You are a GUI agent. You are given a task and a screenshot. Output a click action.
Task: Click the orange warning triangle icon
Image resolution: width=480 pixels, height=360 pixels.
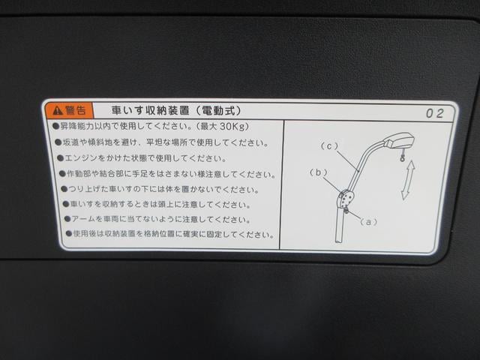pos(58,110)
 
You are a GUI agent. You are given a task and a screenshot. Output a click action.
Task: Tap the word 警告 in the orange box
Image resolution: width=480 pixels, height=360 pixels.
pos(75,110)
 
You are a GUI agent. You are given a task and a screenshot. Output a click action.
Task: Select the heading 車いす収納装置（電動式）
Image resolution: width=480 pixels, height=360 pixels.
pos(176,110)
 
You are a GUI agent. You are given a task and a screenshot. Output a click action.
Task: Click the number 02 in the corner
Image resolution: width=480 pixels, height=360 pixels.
pos(435,113)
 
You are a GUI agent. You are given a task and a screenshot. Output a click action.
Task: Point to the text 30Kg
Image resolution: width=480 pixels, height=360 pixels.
pos(235,127)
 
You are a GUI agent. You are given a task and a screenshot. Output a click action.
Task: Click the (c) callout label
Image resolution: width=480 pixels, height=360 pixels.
pos(329,146)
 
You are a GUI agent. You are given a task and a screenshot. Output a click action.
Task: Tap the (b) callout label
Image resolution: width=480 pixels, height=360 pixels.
pos(318,172)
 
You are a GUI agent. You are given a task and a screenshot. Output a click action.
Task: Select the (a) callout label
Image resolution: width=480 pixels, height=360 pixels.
pos(368,221)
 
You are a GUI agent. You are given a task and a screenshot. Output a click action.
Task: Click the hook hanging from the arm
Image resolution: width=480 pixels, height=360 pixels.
pos(402,157)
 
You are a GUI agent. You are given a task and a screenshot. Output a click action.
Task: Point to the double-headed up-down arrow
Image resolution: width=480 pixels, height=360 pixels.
pos(408,180)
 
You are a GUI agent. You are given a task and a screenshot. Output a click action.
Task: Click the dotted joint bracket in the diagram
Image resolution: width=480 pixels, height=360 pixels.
pos(345,199)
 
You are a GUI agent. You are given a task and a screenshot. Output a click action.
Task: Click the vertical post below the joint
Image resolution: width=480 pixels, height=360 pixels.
pos(340,225)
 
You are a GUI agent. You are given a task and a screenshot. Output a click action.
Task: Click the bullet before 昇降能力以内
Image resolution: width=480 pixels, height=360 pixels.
pos(55,126)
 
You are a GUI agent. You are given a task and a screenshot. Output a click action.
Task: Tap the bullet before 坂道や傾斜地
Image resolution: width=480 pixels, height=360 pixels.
pos(58,142)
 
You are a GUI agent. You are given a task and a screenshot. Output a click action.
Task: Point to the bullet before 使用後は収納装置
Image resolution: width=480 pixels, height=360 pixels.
pos(69,234)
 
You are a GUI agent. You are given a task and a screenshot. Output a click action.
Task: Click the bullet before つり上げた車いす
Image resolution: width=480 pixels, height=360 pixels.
pos(64,189)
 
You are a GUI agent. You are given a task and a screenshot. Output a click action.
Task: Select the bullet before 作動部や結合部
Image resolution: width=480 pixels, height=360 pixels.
pos(62,174)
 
